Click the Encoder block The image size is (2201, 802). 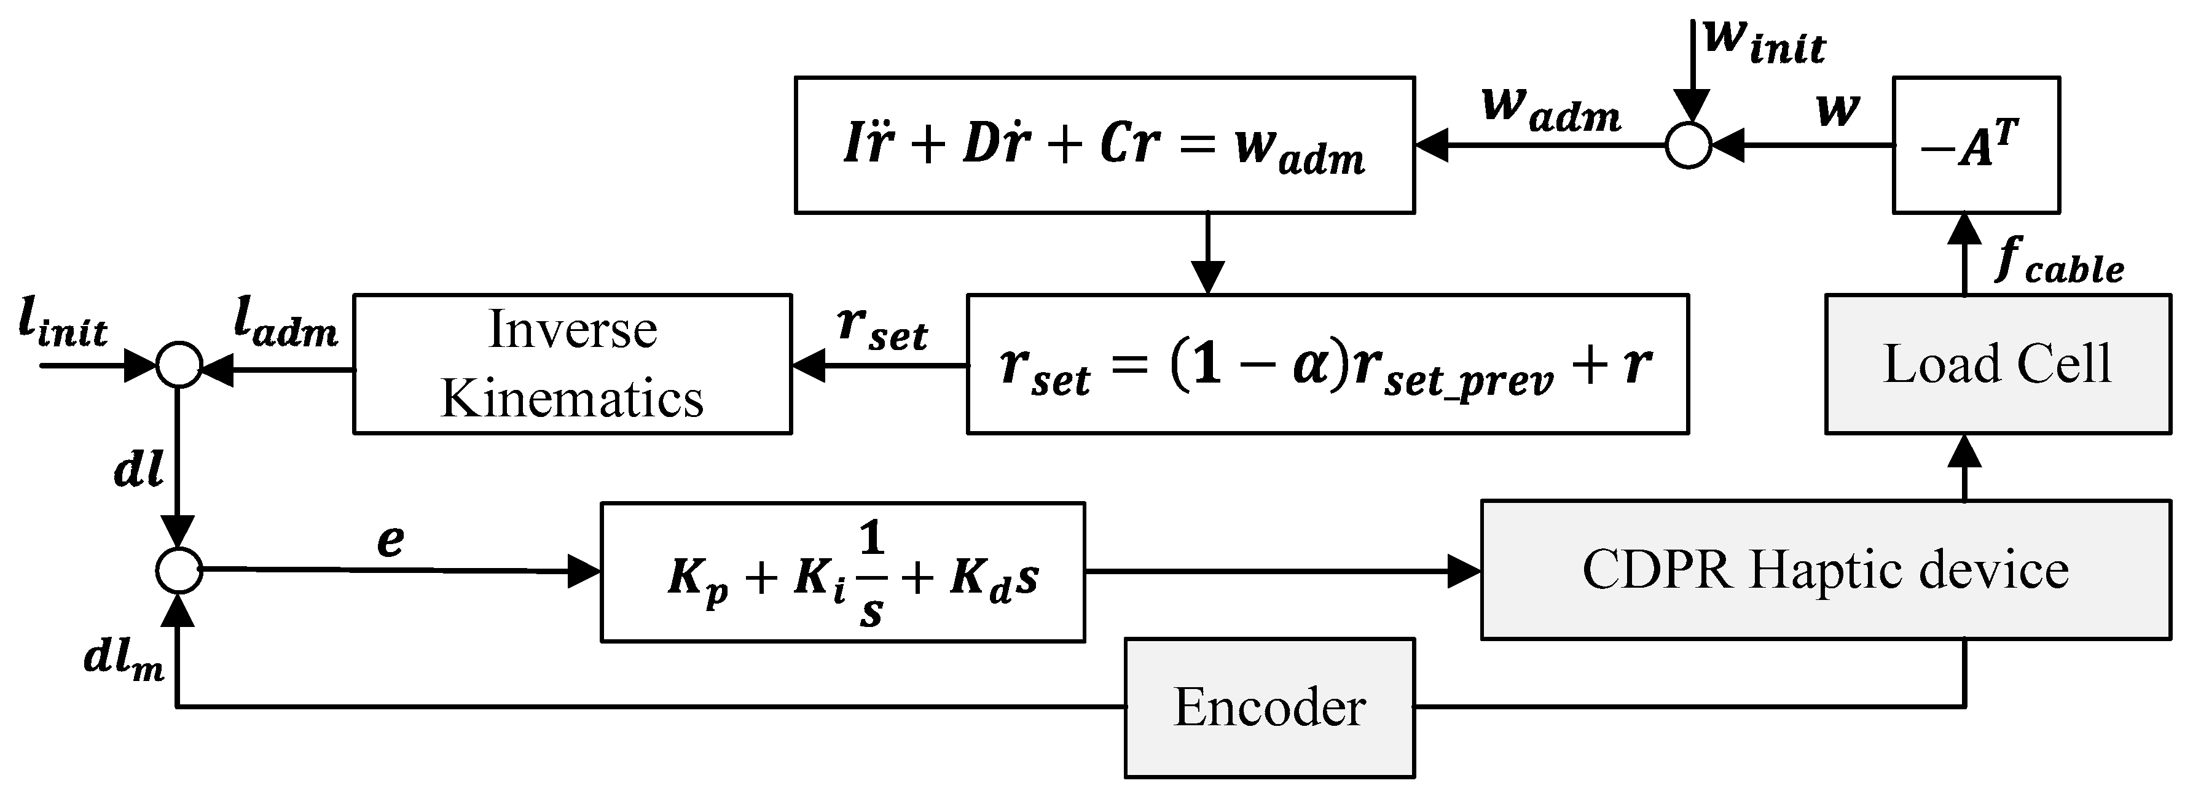tap(1269, 707)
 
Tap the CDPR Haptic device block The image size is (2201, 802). tap(1825, 570)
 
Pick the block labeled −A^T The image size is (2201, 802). tap(1976, 145)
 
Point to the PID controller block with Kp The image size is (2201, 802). tap(842, 572)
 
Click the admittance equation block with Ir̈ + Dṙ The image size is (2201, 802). tap(1105, 145)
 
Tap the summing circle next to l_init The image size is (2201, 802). tap(179, 365)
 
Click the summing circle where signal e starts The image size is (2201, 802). tap(179, 570)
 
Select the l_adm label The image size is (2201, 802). tap(286, 325)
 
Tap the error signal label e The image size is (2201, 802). tap(390, 540)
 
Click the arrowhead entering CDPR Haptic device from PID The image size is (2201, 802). tap(1464, 570)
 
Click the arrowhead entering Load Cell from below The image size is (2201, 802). tap(1965, 451)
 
